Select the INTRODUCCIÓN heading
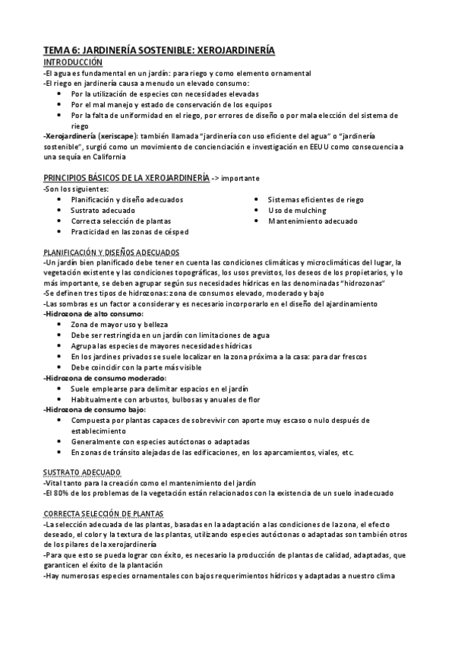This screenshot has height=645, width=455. coord(73,61)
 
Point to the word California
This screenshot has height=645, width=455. coord(105,157)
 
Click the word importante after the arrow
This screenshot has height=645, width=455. coord(240,178)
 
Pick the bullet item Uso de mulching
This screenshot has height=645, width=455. coord(297,210)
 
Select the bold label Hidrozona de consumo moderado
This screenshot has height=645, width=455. coord(104,377)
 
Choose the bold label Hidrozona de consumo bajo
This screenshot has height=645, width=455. coord(94,409)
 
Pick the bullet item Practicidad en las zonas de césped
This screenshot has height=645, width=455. coord(130,231)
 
